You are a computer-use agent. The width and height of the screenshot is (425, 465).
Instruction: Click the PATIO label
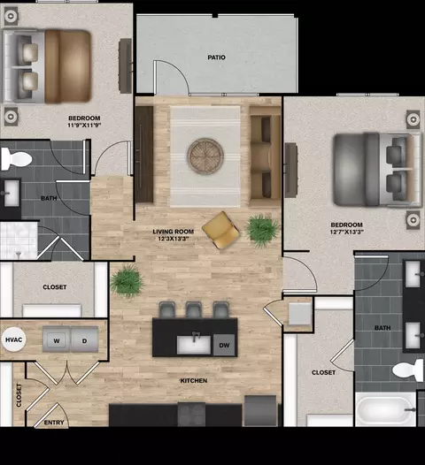[x=216, y=57]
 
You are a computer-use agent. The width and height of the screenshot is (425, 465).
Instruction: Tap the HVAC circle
[x=13, y=339]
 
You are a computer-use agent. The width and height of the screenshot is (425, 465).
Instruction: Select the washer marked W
[x=57, y=339]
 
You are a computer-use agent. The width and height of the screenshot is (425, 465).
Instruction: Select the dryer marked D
[x=84, y=339]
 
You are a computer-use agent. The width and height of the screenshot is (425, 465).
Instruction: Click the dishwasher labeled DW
[x=224, y=345]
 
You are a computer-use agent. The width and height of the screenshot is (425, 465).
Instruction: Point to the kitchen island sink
[x=194, y=344]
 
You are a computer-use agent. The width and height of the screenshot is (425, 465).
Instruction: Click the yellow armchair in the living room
[x=220, y=230]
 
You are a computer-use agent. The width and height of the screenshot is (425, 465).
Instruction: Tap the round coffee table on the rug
[x=205, y=156]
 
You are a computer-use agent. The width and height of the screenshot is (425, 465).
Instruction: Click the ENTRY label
[x=54, y=423]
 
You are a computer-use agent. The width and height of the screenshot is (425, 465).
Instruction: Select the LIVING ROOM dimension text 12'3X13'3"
[x=174, y=239]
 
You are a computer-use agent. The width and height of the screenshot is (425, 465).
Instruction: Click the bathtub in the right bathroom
[x=386, y=408]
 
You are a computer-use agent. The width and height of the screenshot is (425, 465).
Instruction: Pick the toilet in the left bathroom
[x=16, y=159]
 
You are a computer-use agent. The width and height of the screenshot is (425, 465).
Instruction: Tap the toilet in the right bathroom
[x=408, y=370]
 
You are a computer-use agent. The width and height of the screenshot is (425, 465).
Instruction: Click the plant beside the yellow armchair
[x=262, y=229]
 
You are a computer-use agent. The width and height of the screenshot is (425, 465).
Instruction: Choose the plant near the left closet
[x=127, y=280]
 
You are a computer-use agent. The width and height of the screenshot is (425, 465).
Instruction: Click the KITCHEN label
[x=194, y=380]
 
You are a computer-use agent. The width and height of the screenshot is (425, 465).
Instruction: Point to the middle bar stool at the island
[x=194, y=310]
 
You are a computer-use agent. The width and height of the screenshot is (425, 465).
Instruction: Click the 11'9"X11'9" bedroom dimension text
[x=84, y=125]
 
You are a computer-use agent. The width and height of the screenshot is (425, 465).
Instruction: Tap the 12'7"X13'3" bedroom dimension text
[x=346, y=232]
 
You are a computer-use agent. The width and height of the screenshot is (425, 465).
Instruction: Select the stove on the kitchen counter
[x=191, y=415]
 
